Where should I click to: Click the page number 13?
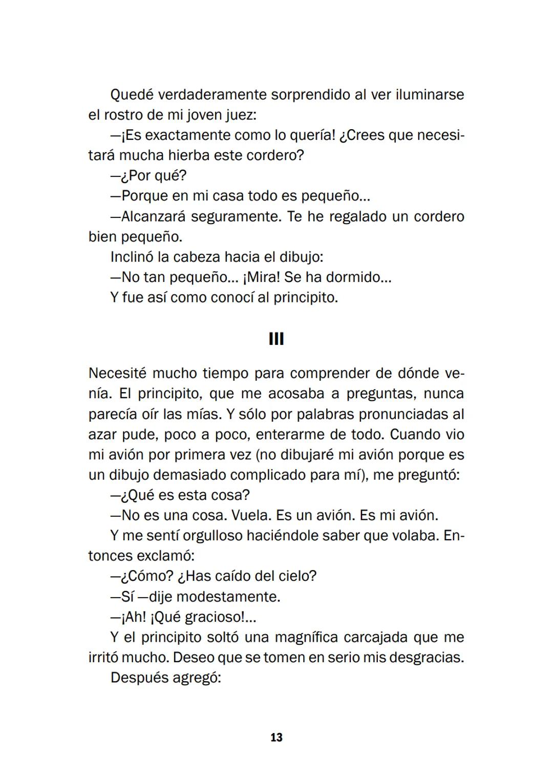click(276, 738)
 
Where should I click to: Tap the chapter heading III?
click(276, 339)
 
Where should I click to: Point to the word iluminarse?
click(430, 95)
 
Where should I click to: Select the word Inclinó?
click(132, 257)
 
